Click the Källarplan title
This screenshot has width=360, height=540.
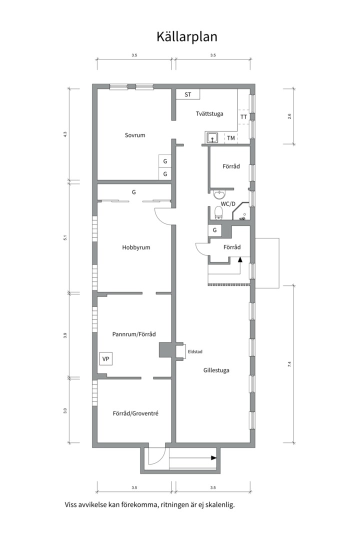(186, 37)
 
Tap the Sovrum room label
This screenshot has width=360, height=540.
(134, 135)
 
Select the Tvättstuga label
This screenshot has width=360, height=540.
(209, 113)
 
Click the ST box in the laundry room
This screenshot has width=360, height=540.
(188, 94)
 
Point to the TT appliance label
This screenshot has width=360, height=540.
(243, 116)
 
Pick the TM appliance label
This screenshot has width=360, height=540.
(231, 138)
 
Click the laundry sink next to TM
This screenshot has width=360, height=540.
(213, 137)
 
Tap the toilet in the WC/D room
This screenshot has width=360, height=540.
(218, 212)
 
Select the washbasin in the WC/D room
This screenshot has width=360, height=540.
(218, 195)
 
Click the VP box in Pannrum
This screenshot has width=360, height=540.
(106, 359)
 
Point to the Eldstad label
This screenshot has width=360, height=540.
(195, 352)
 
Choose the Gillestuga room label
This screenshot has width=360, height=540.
(216, 370)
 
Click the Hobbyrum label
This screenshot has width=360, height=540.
(136, 247)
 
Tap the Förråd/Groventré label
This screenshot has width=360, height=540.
(135, 413)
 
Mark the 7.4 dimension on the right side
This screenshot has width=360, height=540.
(289, 364)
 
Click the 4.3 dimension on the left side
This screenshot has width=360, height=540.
(65, 134)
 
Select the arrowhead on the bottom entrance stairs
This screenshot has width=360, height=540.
(214, 458)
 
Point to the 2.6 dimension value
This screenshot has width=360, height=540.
(289, 116)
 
